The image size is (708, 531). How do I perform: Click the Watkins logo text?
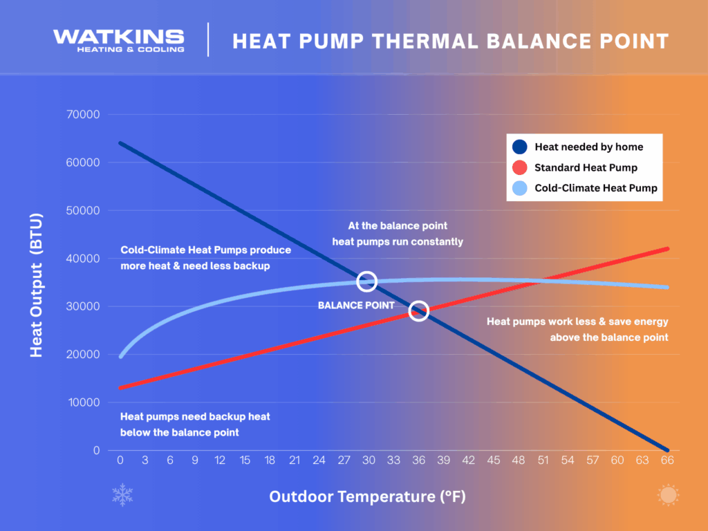[119, 37]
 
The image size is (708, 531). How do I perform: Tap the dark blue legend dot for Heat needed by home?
[520, 147]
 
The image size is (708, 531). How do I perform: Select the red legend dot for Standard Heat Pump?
[520, 167]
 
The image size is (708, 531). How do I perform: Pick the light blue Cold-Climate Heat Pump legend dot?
[520, 188]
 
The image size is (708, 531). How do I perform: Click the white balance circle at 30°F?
[366, 281]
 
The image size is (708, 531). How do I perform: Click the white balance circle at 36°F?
[419, 311]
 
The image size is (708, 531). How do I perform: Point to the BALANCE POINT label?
[356, 305]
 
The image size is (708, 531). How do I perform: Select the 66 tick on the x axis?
[667, 460]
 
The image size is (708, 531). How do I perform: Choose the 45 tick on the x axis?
[493, 460]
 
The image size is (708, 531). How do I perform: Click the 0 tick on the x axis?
[120, 460]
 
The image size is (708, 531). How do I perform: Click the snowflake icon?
[122, 495]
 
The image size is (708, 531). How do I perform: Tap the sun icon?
[668, 495]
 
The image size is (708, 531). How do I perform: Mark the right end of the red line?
[667, 249]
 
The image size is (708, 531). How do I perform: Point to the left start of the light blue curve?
[121, 356]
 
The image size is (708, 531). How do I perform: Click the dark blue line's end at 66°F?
[667, 449]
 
